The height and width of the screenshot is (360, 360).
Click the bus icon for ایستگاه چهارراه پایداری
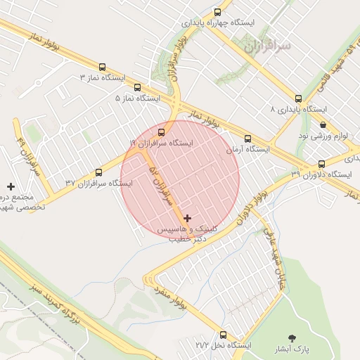pos(217,12)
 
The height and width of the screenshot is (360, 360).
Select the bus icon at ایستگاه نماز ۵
pos(137,88)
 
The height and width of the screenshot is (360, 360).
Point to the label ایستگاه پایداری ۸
pos(299,110)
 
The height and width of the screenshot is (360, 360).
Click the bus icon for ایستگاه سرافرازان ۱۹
pos(162,131)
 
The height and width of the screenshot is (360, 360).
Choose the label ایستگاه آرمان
pos(247,150)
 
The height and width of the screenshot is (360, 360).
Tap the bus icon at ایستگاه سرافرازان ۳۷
pos(98,172)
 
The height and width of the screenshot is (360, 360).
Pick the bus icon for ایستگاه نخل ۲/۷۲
pos(224,335)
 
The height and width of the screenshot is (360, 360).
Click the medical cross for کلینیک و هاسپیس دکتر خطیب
pos(187,219)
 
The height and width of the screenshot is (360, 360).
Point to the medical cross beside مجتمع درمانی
pos(11,186)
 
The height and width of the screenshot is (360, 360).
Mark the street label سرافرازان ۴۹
pos(27,155)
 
